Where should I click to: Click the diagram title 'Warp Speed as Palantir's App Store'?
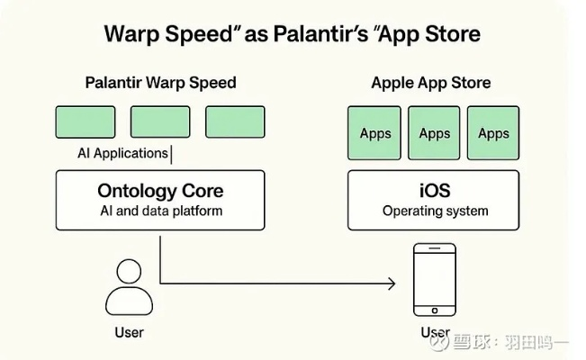point(293,34)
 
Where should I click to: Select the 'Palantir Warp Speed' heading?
point(160,83)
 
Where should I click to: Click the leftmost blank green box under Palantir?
point(85,121)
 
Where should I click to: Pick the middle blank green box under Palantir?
point(160,121)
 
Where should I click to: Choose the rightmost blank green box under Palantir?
point(235,121)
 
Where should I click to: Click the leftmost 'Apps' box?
point(375,133)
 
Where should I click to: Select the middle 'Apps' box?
point(434,133)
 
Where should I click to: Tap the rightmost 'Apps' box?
point(492,133)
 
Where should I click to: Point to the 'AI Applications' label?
point(122,154)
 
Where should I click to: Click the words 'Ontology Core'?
point(160,191)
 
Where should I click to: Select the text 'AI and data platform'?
point(160,211)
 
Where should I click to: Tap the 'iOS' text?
point(434,191)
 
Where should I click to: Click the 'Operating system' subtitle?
point(435,211)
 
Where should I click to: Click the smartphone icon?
point(433,280)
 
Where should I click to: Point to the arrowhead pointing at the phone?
point(390,284)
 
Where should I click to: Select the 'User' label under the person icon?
point(130,333)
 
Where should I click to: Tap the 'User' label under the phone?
point(435,333)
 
